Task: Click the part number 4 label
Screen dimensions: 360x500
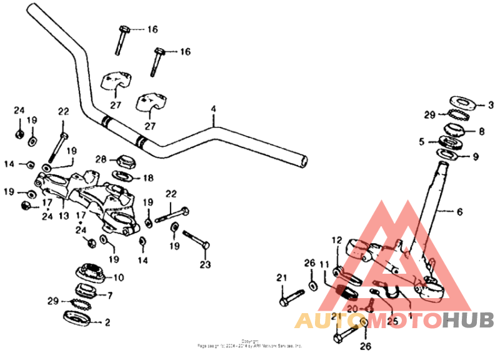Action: click(213, 109)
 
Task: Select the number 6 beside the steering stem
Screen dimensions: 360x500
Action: click(459, 212)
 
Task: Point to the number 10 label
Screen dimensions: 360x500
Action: click(119, 277)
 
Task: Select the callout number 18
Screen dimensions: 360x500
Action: click(148, 178)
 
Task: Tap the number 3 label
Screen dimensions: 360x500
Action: click(491, 104)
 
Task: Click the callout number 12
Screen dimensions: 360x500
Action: click(337, 240)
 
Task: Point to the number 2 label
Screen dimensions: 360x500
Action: click(107, 322)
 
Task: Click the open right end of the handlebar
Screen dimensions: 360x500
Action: click(302, 160)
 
